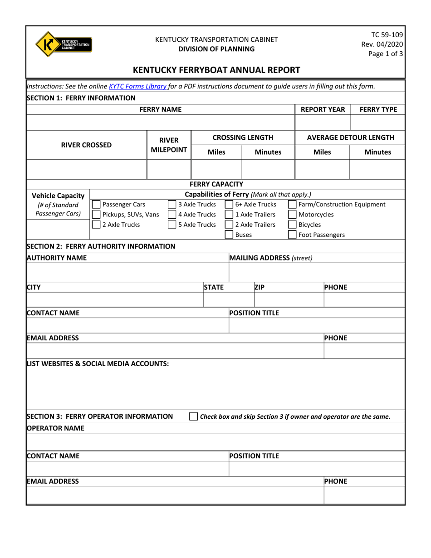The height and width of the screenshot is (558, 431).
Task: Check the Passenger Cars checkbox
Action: point(96,204)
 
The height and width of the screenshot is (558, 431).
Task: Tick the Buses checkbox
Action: point(230,235)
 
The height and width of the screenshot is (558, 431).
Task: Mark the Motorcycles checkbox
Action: point(293,215)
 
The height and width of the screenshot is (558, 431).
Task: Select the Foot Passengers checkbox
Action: point(293,235)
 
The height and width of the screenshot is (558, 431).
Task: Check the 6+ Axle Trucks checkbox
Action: point(230,204)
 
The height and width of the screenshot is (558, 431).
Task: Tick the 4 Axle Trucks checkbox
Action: point(172,215)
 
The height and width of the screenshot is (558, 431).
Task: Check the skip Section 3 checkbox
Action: point(194,416)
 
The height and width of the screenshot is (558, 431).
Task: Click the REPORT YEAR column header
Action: point(323,109)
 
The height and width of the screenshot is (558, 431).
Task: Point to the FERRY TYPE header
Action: point(378,109)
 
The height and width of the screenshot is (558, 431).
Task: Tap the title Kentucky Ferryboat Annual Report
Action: point(215,70)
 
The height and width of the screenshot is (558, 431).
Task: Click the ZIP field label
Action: point(260,287)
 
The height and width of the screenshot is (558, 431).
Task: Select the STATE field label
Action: point(214,287)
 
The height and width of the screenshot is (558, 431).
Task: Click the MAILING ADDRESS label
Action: point(271,258)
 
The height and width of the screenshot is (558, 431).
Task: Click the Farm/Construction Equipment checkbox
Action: point(293,204)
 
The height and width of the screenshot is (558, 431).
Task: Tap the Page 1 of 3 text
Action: point(386,54)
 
